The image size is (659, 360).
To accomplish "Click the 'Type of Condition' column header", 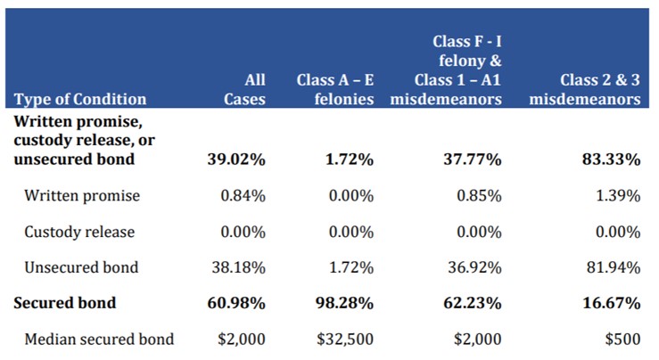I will [81, 99].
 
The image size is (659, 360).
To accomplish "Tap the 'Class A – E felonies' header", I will [334, 90].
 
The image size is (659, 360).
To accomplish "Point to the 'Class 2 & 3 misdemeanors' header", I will [584, 90].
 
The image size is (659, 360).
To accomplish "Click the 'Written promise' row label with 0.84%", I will [83, 195].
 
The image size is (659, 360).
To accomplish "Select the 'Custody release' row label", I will [80, 232].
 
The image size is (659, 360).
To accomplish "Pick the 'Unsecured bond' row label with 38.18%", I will [82, 267].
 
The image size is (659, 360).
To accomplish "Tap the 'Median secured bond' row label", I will [99, 339].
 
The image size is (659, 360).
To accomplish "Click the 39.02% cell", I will [235, 160].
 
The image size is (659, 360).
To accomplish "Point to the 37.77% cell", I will [471, 160].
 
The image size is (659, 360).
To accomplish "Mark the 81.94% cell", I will [611, 267].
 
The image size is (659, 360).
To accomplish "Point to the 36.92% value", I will [473, 267].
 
